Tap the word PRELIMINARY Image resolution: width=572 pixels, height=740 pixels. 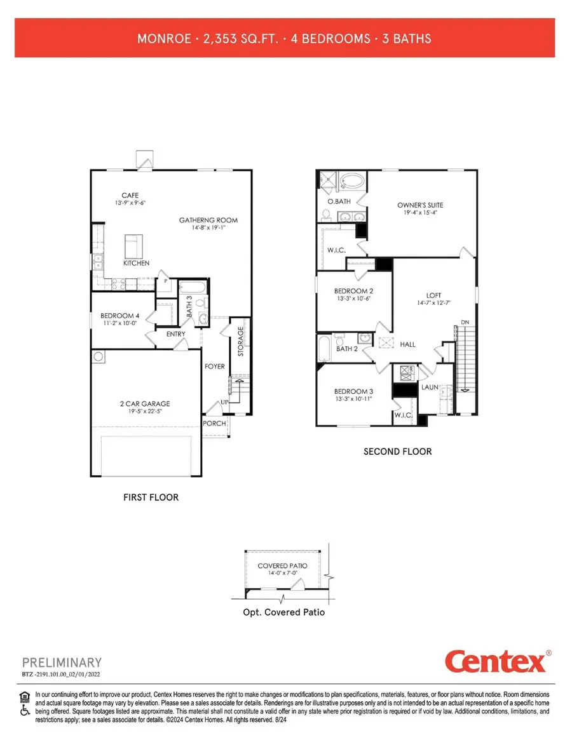(62, 663)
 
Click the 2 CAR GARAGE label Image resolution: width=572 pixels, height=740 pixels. (146, 403)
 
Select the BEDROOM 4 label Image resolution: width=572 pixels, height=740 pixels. (120, 316)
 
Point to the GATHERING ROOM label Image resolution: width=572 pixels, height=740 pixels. (208, 220)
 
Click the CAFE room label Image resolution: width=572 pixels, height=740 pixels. (130, 196)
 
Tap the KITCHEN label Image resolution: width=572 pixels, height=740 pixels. (137, 262)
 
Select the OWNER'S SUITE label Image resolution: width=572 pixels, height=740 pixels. (420, 205)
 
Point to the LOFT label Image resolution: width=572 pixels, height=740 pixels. (433, 295)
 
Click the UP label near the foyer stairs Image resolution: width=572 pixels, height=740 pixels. (224, 403)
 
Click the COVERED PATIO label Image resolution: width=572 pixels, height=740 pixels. (282, 565)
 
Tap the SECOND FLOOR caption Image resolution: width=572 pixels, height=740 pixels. (397, 452)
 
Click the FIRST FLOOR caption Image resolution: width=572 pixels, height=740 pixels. (151, 497)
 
